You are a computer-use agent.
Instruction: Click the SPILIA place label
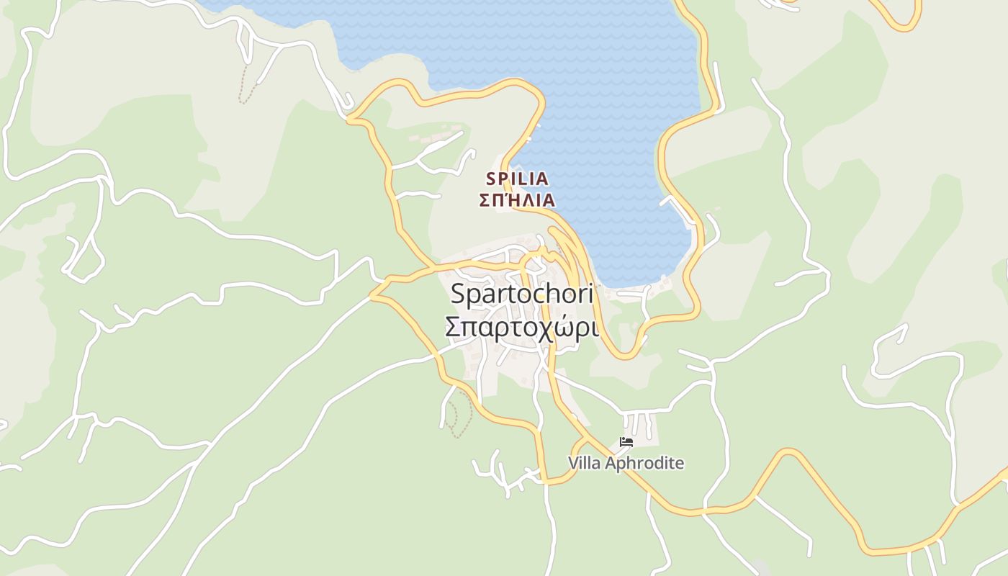pos(517,178)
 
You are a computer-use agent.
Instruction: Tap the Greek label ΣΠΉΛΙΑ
pos(517,200)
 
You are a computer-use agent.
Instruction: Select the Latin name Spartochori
pos(521,294)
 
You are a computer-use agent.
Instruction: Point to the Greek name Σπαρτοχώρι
pos(521,327)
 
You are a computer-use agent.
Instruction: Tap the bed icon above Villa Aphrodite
pos(626,441)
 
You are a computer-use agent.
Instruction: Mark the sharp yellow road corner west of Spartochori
pos(372,295)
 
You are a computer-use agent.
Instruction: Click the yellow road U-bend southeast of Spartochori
pos(625,354)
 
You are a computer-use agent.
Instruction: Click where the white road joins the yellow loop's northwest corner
pos(349,119)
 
